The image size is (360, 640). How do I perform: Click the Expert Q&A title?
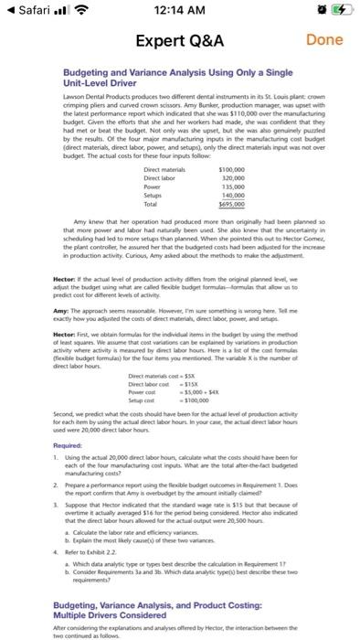(181, 41)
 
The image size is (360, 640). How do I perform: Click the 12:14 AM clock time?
(181, 12)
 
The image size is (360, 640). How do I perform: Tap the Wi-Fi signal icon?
(90, 12)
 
